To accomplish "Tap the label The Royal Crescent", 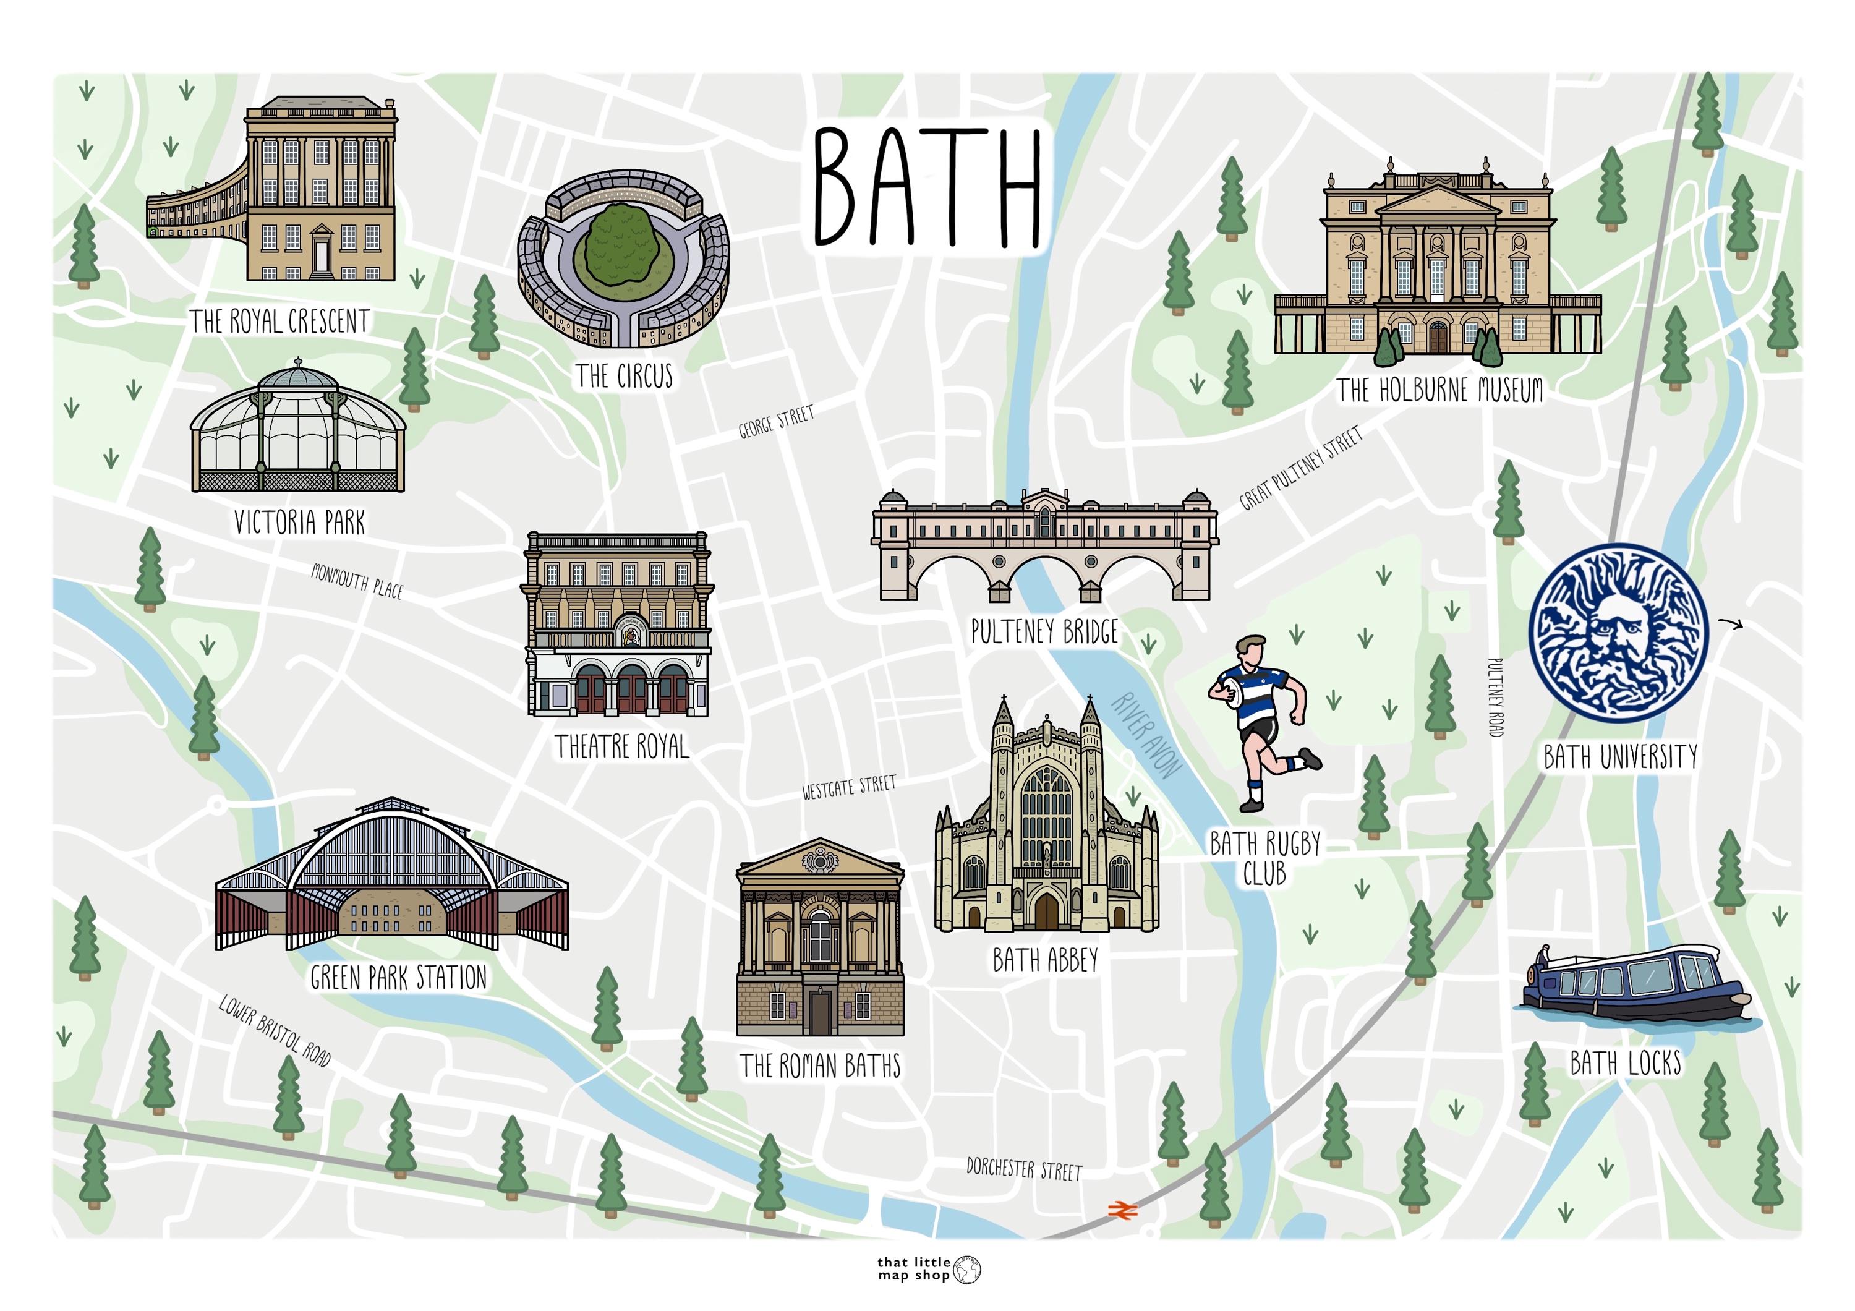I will tap(279, 322).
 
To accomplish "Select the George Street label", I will tap(775, 422).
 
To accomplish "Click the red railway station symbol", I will tap(1122, 1209).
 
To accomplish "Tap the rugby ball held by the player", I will tap(1230, 691).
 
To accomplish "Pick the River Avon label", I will tap(1146, 734).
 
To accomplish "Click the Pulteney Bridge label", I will tap(1044, 631).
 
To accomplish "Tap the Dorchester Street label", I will tap(1023, 1169).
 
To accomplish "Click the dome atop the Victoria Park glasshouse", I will tap(299, 378).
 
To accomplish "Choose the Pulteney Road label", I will tap(1495, 696).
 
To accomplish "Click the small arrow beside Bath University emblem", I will tap(1729, 623).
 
